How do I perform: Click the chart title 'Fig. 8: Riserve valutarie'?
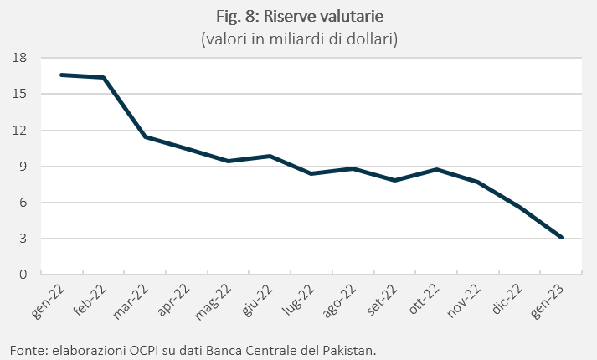point(300,17)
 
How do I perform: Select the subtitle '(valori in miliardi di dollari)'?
point(299,39)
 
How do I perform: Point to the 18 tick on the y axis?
point(19,58)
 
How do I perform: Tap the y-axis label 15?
point(19,94)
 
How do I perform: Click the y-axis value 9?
point(23,167)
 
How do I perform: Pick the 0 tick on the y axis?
point(23,274)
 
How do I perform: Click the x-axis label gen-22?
point(48,301)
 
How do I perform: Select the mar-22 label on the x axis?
point(131,301)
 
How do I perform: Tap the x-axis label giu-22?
point(257,301)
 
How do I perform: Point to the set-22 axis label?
point(382,301)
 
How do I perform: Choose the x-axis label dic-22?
point(507,300)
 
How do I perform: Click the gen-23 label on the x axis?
point(547,301)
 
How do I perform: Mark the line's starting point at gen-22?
point(62,75)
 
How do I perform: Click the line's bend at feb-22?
point(104,77)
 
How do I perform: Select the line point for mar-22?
point(145,136)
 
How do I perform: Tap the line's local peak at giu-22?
point(270,156)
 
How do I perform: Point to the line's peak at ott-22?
point(437,169)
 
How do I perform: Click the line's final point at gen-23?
point(562,238)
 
